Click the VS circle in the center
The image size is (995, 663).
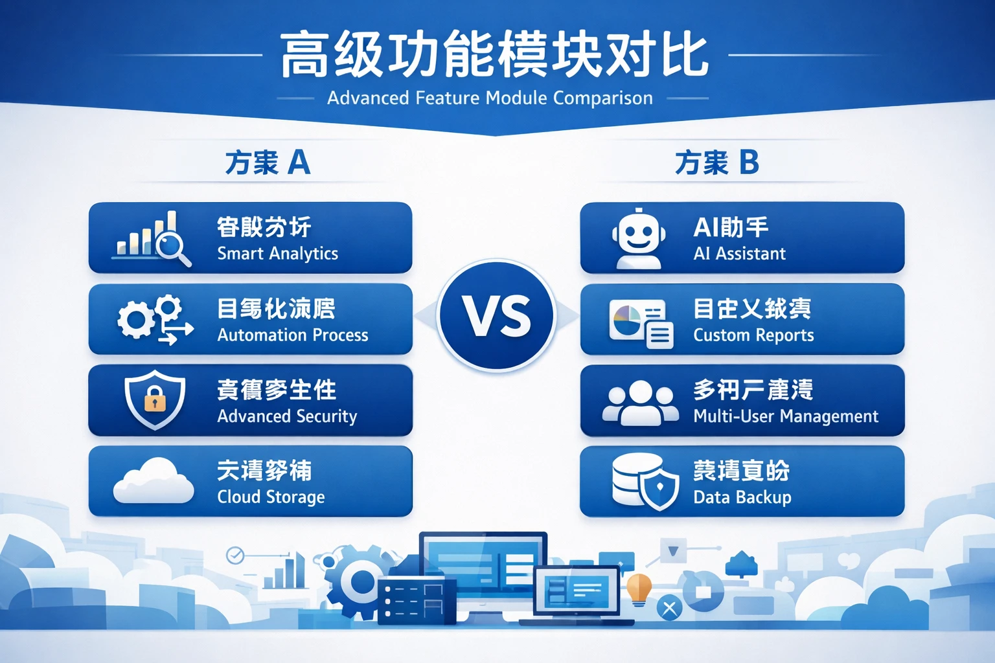click(496, 316)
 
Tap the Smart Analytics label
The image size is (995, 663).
click(277, 253)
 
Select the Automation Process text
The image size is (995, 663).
click(292, 335)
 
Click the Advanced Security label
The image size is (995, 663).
click(287, 416)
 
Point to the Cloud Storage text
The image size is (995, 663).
click(271, 497)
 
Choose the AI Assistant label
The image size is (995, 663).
click(739, 253)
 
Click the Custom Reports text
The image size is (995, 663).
click(753, 335)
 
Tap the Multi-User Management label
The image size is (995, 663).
click(786, 416)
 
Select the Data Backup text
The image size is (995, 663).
click(742, 497)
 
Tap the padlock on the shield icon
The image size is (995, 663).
click(155, 399)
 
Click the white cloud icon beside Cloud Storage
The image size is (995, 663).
click(154, 482)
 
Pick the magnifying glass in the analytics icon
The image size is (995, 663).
click(172, 247)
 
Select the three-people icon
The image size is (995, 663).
click(640, 403)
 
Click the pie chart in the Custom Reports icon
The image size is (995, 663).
click(626, 320)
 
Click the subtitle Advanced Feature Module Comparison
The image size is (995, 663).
click(490, 98)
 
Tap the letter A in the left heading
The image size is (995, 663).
click(298, 162)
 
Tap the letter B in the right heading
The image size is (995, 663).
click(748, 162)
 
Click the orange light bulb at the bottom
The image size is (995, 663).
click(639, 587)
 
